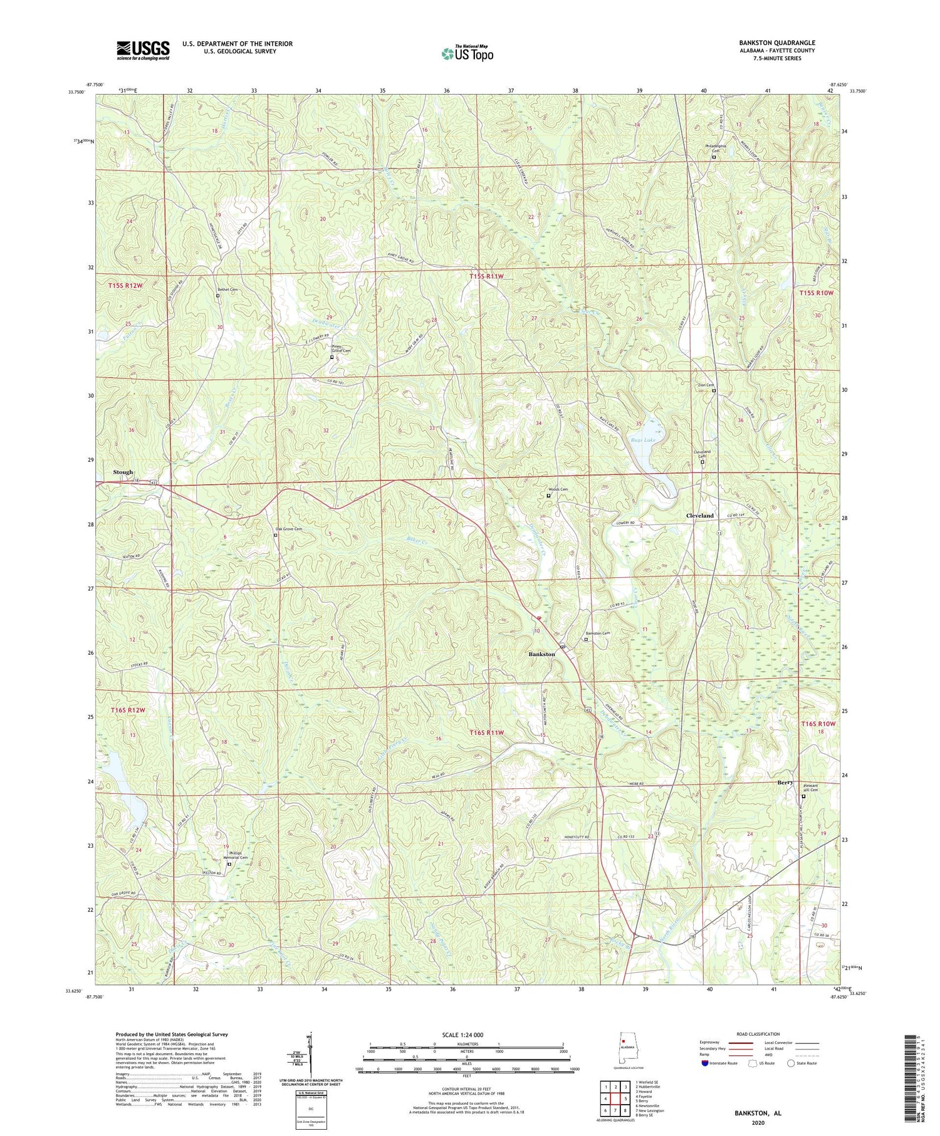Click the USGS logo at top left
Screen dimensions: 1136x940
click(143, 50)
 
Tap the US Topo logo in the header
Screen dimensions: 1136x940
click(466, 53)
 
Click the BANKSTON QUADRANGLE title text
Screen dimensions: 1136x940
click(776, 43)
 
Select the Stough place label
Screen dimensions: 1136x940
click(123, 472)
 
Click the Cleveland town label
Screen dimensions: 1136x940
click(699, 515)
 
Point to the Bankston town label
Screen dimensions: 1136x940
click(541, 654)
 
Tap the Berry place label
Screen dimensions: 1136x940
click(785, 783)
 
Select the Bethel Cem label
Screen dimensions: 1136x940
click(227, 289)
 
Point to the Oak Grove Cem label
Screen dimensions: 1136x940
click(289, 529)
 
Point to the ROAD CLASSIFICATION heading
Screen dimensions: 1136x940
click(758, 1034)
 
